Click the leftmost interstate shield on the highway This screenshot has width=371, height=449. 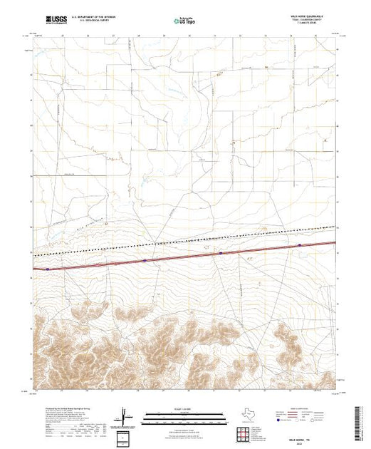point(48,269)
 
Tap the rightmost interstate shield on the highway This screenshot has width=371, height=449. point(300,245)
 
